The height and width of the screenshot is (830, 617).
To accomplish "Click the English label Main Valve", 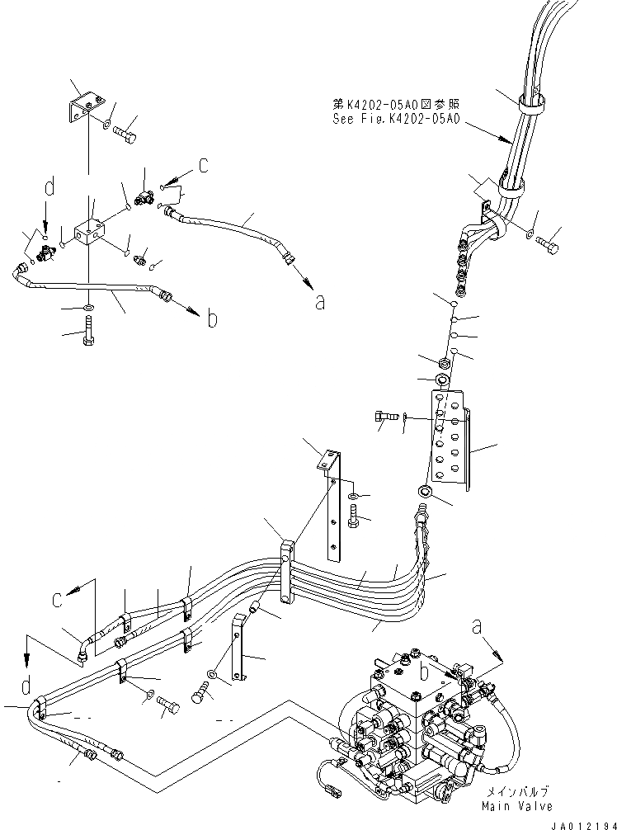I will pos(519,806).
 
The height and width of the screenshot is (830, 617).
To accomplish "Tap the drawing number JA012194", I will pos(581,822).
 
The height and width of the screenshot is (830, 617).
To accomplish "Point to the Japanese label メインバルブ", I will pos(519,791).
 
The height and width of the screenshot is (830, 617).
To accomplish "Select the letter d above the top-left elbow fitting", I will pos(49,189).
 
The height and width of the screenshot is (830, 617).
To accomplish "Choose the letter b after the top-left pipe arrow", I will pos(211,318).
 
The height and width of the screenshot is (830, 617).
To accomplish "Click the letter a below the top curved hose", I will pos(321,302).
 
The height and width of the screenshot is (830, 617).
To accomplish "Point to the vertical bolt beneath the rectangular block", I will pos(88,336).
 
